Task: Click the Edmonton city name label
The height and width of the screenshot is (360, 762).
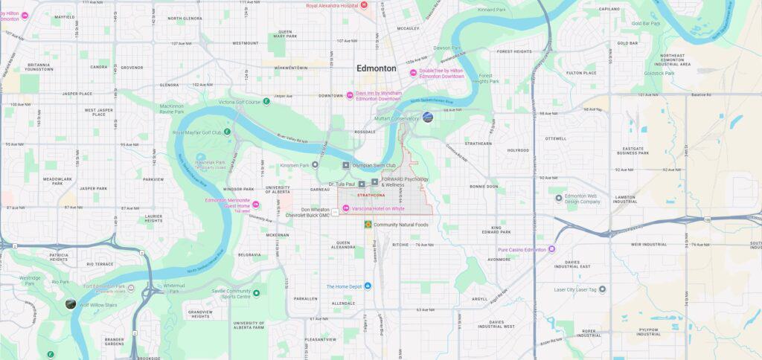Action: [376, 68]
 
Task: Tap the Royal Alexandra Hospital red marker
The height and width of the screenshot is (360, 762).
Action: [364, 5]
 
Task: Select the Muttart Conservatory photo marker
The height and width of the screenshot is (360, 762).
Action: [427, 117]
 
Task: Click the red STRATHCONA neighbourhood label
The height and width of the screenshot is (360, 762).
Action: [370, 196]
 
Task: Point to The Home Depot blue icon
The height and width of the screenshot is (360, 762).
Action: [367, 286]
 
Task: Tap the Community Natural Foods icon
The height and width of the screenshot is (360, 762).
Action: [368, 224]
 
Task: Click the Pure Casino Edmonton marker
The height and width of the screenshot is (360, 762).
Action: [551, 249]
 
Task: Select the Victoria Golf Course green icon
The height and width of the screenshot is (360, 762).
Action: [266, 101]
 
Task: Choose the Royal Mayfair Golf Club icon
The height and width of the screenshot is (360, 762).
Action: [227, 132]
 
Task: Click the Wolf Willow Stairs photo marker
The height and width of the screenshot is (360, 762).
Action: [70, 303]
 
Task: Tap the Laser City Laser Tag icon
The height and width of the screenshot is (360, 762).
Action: [602, 289]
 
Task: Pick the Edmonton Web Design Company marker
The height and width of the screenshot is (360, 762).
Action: [559, 198]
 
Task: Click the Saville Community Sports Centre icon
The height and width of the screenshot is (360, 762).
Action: [256, 293]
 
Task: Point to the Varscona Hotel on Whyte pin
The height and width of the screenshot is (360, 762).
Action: [345, 208]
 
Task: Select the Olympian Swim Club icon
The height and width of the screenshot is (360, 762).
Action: [345, 165]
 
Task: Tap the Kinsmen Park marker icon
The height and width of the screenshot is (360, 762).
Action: [315, 165]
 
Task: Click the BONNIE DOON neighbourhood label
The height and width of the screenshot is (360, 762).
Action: [484, 186]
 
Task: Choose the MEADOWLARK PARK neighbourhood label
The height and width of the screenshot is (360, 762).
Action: [57, 181]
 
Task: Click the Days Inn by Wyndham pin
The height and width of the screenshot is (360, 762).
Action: [350, 95]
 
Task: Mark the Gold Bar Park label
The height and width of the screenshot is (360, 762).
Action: [645, 23]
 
